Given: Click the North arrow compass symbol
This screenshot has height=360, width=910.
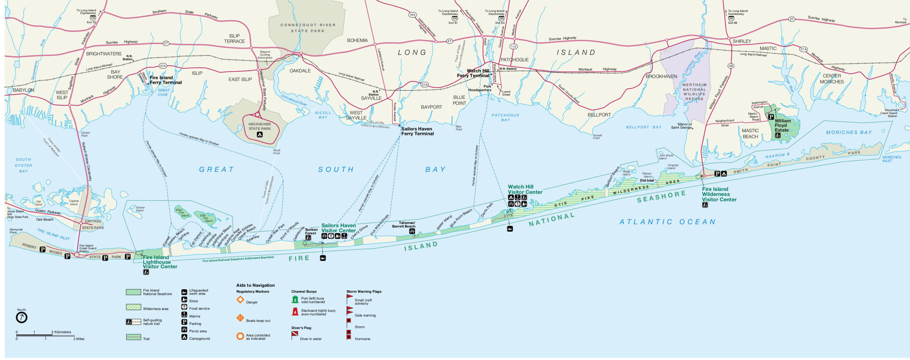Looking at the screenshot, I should pyautogui.click(x=22, y=317).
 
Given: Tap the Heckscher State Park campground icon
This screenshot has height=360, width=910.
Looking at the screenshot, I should pyautogui.click(x=259, y=134).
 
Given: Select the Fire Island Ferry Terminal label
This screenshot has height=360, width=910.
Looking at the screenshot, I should pyautogui.click(x=166, y=80).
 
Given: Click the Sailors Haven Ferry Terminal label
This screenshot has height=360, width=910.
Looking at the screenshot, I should pyautogui.click(x=417, y=131).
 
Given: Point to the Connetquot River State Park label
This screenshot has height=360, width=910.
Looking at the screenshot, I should pyautogui.click(x=307, y=28).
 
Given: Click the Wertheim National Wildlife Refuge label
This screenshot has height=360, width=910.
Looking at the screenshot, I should pyautogui.click(x=694, y=92).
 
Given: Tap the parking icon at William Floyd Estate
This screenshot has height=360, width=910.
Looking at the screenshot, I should pyautogui.click(x=771, y=117).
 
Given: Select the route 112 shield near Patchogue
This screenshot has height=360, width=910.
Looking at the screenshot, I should pyautogui.click(x=513, y=47).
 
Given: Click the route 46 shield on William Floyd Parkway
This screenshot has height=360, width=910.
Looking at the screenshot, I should pyautogui.click(x=731, y=66).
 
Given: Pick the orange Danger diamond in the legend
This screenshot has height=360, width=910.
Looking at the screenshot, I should pyautogui.click(x=240, y=300).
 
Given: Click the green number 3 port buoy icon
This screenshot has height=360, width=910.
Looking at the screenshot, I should pyautogui.click(x=295, y=300).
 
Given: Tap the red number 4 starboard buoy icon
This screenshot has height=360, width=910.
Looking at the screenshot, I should pyautogui.click(x=295, y=312).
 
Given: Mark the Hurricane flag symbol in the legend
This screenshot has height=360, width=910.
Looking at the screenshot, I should pyautogui.click(x=349, y=335).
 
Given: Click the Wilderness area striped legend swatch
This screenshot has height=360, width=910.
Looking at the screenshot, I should pyautogui.click(x=133, y=307).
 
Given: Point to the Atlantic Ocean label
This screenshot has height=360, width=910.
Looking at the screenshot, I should pyautogui.click(x=667, y=222).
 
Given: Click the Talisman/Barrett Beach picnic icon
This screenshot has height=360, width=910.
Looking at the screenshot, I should pyautogui.click(x=412, y=231).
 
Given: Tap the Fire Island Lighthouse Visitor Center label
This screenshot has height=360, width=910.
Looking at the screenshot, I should pyautogui.click(x=160, y=262).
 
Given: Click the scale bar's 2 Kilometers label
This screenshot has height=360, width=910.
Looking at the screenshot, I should pyautogui.click(x=63, y=332).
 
